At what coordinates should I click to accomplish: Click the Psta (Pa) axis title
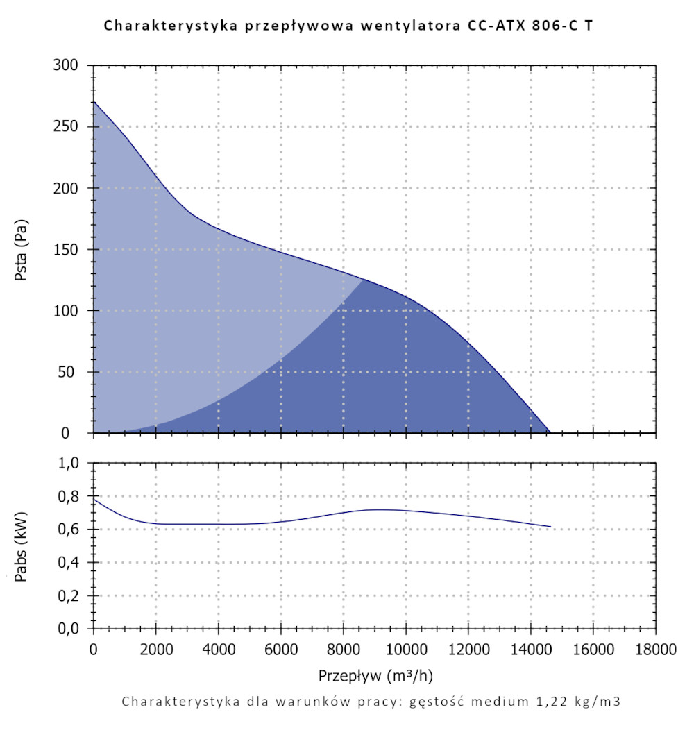(x=22, y=250)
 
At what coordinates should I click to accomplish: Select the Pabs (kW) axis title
(x=22, y=547)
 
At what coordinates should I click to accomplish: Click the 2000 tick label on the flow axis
(x=155, y=650)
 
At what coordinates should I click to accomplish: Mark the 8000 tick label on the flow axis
(x=343, y=650)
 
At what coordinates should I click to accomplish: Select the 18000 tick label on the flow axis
(x=655, y=650)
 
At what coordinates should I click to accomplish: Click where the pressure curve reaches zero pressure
(x=550, y=432)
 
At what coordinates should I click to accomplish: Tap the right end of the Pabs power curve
(x=550, y=527)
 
